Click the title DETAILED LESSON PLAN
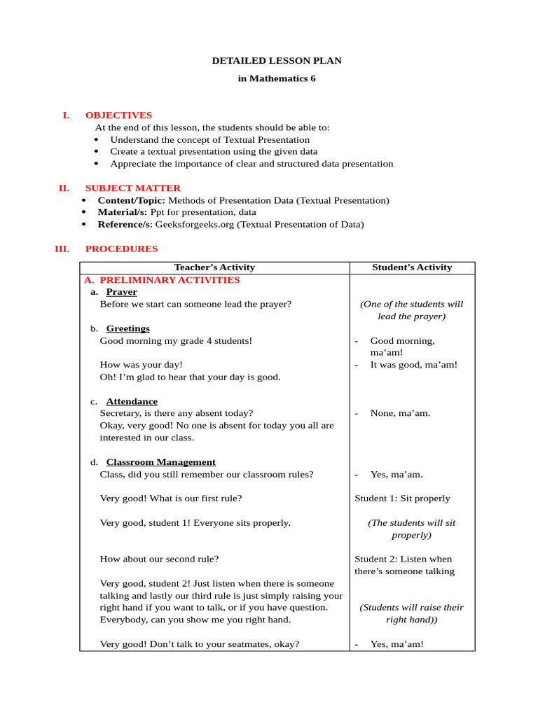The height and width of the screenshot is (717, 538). point(277,61)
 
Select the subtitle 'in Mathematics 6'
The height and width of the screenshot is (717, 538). point(277,78)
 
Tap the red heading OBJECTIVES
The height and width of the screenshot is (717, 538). point(118,116)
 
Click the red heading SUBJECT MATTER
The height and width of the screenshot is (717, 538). point(132,188)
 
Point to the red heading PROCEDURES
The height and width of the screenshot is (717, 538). point(121,249)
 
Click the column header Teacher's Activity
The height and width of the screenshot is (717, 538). point(214,267)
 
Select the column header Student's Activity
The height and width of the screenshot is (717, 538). point(412,267)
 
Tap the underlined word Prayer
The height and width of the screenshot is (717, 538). point(121,292)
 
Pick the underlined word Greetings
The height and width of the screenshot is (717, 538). point(127,328)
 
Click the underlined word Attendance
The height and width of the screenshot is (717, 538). point(132,401)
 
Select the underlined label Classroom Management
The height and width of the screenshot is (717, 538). point(160,462)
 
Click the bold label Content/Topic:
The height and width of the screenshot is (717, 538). point(131,200)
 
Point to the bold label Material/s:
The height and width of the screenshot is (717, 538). point(123,212)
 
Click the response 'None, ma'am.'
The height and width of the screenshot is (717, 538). point(400,413)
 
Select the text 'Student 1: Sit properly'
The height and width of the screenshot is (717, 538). point(402,499)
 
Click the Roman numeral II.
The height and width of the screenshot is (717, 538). point(64,188)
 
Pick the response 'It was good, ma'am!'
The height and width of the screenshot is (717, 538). point(413,365)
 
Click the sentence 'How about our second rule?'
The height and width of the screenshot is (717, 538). point(159,559)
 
